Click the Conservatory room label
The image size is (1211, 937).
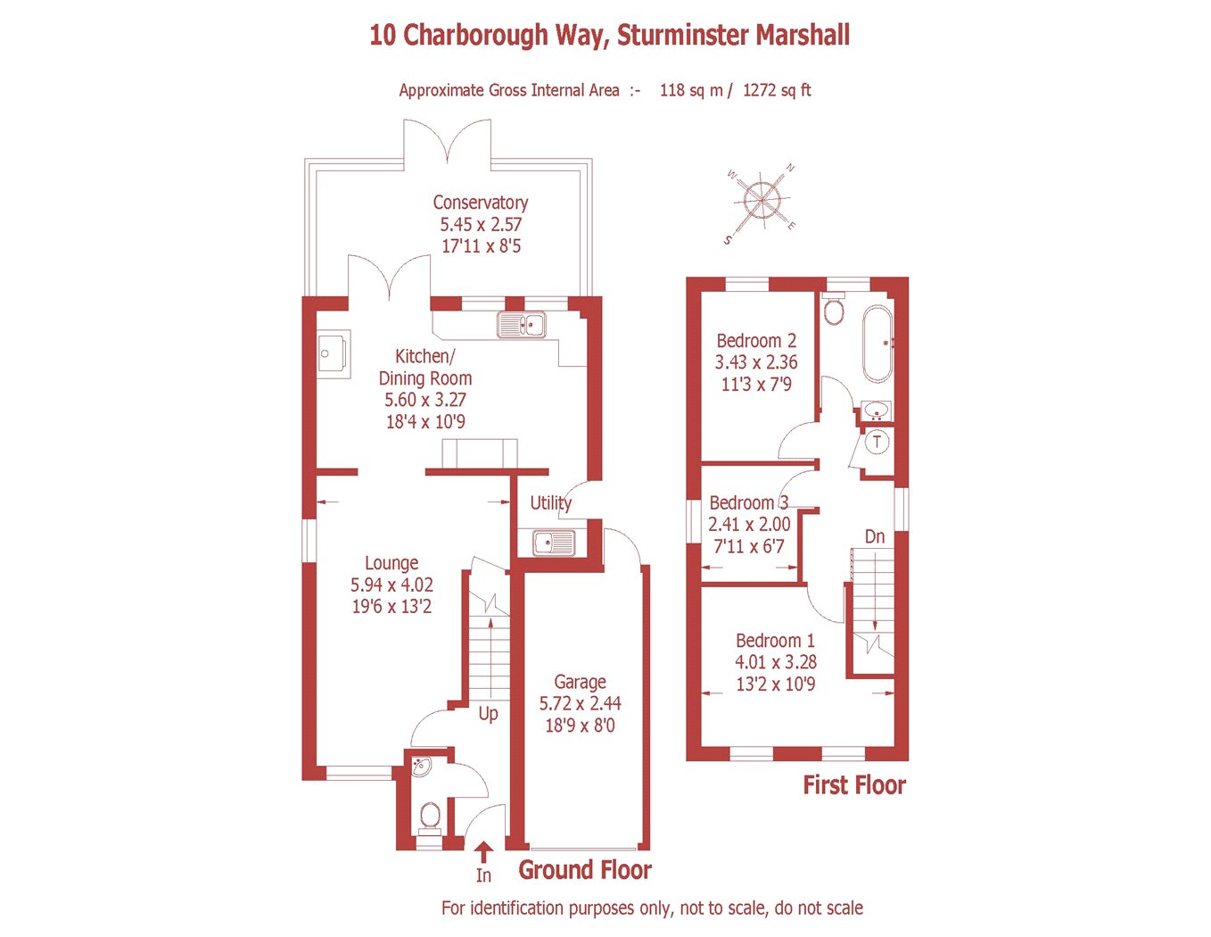click(x=480, y=203)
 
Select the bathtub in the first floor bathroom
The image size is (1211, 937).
click(x=877, y=344)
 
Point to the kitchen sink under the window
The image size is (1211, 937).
click(x=521, y=325)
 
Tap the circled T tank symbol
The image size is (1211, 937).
click(x=877, y=442)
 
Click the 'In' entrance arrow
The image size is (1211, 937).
click(x=483, y=851)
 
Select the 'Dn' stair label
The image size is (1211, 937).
click(x=875, y=537)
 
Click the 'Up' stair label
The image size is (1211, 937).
click(x=488, y=714)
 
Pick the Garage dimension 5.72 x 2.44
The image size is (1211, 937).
click(x=580, y=703)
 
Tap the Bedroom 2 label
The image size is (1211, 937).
click(x=756, y=340)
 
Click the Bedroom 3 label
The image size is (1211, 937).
click(x=748, y=502)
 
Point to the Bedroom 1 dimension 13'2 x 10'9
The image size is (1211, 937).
click(x=775, y=684)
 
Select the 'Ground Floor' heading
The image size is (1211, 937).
click(x=585, y=870)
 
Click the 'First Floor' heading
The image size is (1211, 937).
click(x=853, y=784)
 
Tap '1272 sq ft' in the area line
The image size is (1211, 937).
click(x=777, y=90)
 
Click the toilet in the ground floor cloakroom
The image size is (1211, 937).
click(x=430, y=820)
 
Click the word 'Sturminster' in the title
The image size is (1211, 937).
click(x=683, y=35)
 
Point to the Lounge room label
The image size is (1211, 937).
click(x=391, y=563)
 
